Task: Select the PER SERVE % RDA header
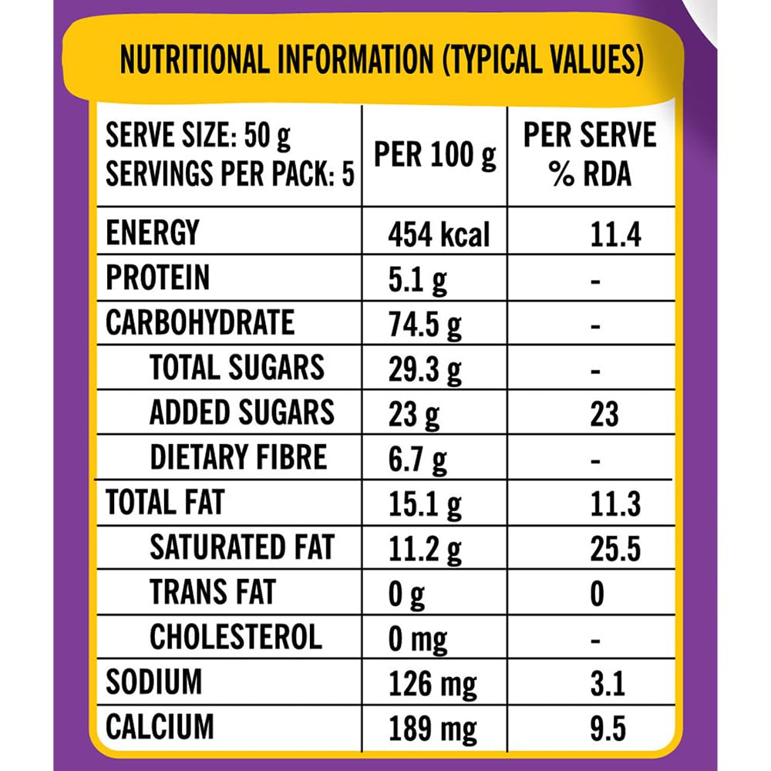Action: pos(590,154)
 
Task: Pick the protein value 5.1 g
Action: pos(417,279)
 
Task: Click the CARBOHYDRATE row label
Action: pos(200,322)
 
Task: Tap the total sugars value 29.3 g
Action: pos(425,369)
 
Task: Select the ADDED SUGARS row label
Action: pos(241,412)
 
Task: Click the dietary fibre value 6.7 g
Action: pos(417,459)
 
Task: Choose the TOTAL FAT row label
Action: pos(164,503)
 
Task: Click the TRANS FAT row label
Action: pos(212,593)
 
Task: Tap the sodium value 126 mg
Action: pos(432,683)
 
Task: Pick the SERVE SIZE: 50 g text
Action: pos(198,137)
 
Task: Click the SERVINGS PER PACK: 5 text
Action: pos(230,175)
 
